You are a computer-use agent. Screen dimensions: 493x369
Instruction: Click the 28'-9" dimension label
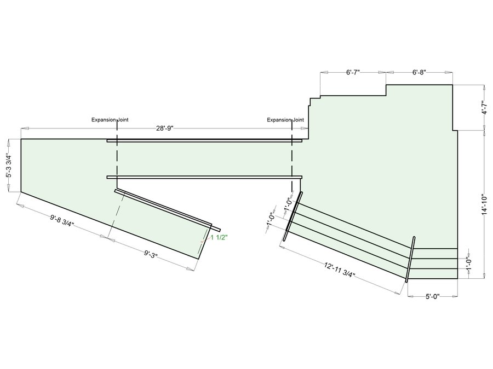(x=165, y=128)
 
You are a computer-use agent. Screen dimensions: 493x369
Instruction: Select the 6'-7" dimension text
(x=353, y=73)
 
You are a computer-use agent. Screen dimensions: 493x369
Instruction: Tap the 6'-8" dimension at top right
(x=419, y=73)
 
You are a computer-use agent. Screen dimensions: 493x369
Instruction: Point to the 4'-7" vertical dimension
(x=485, y=107)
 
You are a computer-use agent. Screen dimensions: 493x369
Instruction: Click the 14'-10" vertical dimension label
(x=485, y=205)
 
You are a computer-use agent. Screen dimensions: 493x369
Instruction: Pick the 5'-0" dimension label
(x=433, y=296)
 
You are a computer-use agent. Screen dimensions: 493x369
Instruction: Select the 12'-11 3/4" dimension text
(x=340, y=270)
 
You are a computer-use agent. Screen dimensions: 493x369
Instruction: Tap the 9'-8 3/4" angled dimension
(x=62, y=221)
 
